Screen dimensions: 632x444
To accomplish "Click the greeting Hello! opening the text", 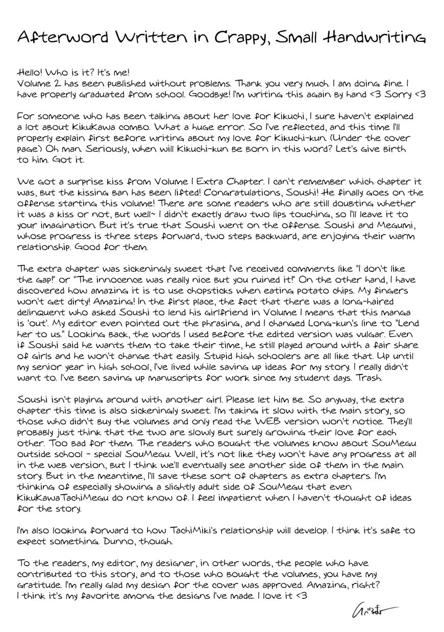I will point(31,72).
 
